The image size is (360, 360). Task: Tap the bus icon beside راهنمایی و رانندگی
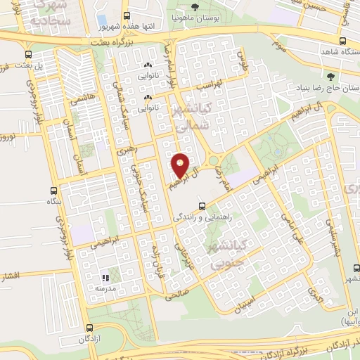[202, 206]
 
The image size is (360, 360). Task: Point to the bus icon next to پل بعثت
[27, 53]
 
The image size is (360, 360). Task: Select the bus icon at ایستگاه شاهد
[343, 41]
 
